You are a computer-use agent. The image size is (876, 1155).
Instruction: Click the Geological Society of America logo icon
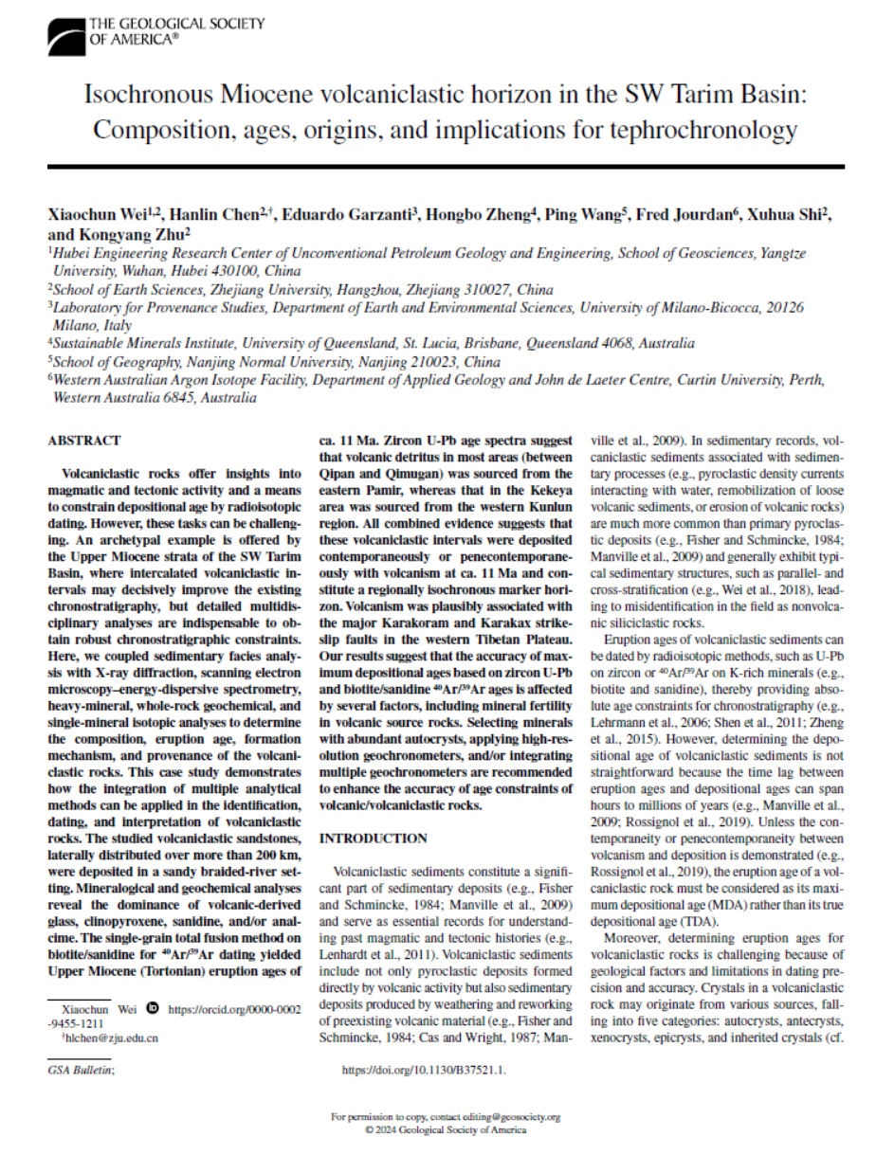tap(67, 36)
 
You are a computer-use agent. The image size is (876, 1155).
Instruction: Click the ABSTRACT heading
tap(84, 440)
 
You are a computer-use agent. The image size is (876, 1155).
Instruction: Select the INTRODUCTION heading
tap(374, 839)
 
